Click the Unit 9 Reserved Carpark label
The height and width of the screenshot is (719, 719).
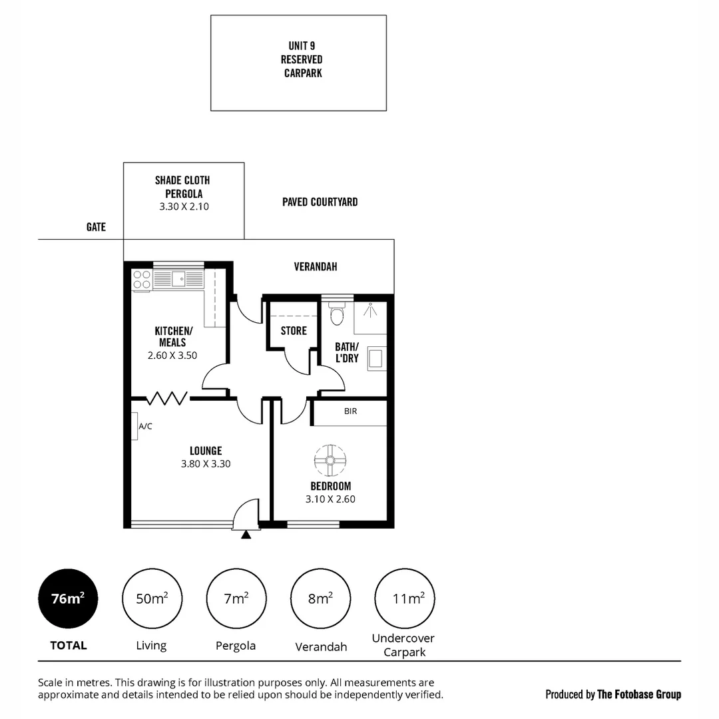(x=302, y=60)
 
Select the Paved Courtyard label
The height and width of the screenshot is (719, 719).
(x=320, y=202)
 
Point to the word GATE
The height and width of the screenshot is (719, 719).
(x=96, y=227)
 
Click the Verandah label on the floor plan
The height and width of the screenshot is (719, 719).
(x=316, y=266)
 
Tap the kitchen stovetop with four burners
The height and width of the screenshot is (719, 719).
(x=142, y=279)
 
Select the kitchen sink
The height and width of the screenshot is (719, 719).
(x=178, y=278)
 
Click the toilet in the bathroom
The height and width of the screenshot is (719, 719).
(x=337, y=314)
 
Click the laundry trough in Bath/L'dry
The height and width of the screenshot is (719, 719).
(x=375, y=358)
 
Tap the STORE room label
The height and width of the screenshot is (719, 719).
(x=294, y=331)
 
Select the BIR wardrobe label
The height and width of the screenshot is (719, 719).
(x=350, y=411)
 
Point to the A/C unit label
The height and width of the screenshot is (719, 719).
(x=145, y=426)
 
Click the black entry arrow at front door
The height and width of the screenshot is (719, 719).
(x=246, y=533)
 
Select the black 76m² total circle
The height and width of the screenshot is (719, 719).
(x=68, y=599)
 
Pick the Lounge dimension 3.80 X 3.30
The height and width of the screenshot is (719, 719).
(x=206, y=464)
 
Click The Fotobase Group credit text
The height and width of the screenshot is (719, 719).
(x=639, y=694)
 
